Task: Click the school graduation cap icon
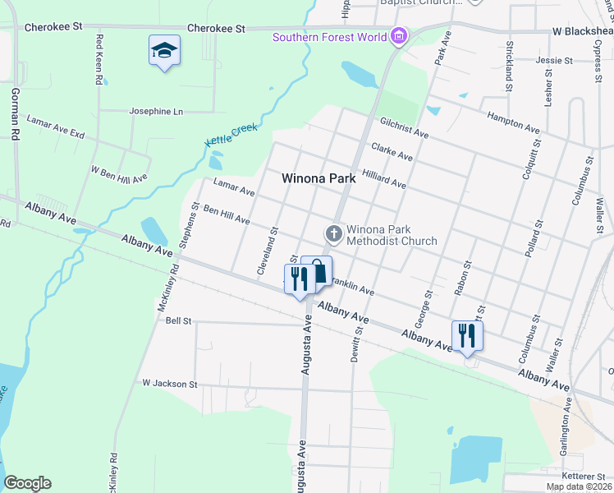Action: coord(164,50)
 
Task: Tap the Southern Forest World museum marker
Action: coord(400,36)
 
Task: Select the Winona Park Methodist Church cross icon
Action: coord(334,234)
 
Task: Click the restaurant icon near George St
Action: coord(467,335)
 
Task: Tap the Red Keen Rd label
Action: coord(100,59)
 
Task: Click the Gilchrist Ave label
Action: coord(404,127)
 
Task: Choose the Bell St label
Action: coord(178,320)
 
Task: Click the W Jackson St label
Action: coord(170,384)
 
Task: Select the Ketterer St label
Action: coord(583,476)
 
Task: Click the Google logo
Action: coord(27,483)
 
